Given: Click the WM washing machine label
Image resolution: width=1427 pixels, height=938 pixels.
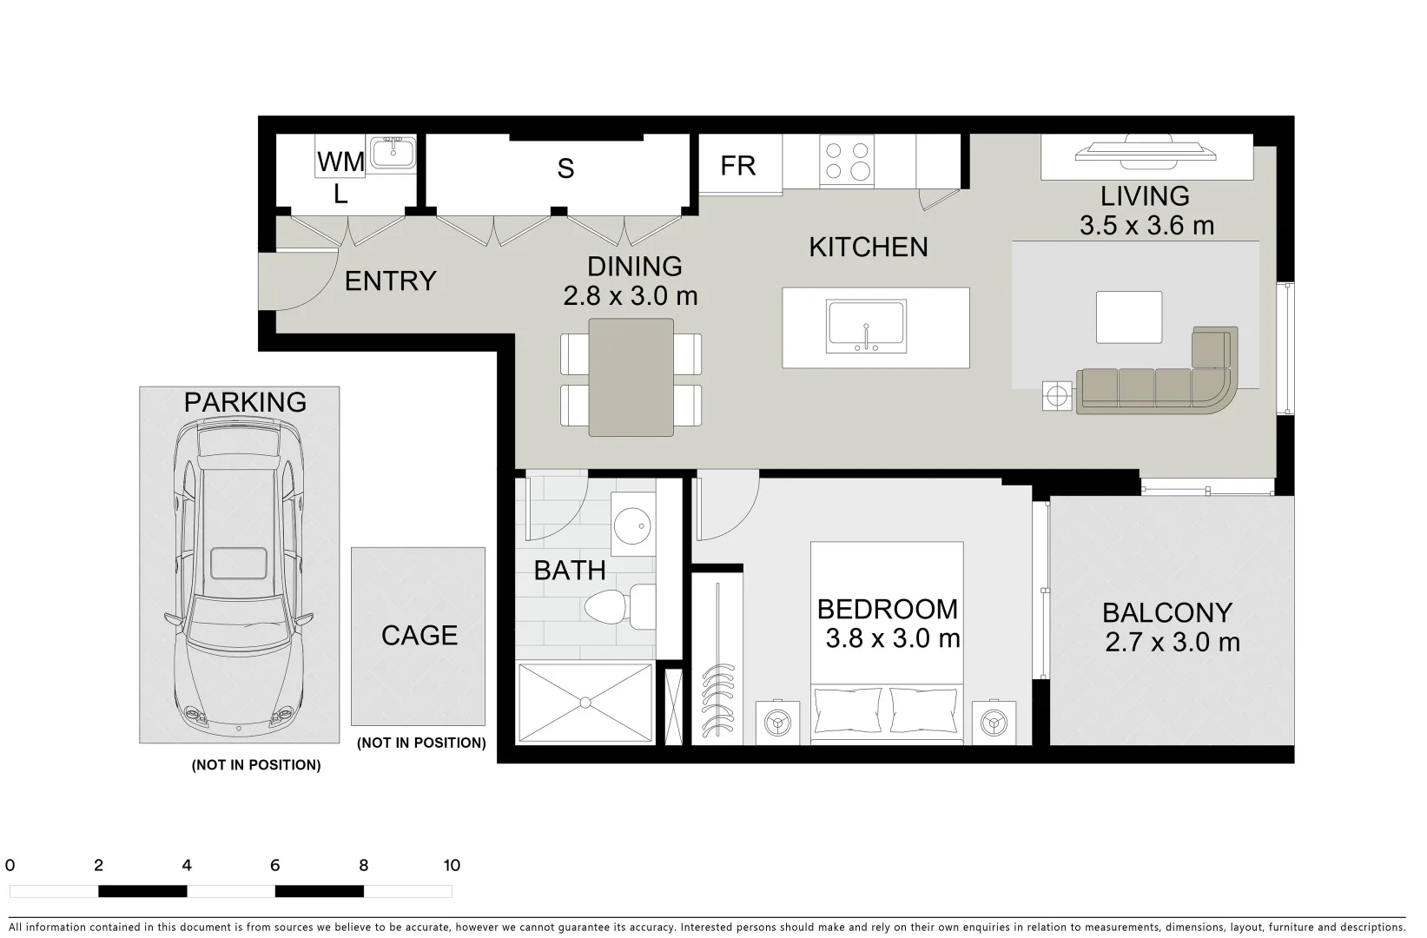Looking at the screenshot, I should [340, 162].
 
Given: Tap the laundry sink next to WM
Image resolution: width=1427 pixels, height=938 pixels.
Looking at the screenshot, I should [392, 154].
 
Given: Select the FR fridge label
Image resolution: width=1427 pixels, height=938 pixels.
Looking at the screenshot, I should [738, 165].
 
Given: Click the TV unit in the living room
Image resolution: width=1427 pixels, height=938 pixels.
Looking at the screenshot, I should [1146, 154].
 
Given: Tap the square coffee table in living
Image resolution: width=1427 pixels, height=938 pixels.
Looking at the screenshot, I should [1128, 317].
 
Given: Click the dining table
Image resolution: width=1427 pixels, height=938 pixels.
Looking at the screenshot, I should [631, 377].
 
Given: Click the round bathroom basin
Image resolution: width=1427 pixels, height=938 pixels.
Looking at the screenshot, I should [632, 525].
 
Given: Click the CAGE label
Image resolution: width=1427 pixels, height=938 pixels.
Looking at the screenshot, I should [419, 636].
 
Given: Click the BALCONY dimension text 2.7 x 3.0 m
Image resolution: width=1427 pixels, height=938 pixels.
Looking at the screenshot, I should [1172, 643].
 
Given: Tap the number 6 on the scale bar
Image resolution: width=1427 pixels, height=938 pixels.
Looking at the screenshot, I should [274, 865].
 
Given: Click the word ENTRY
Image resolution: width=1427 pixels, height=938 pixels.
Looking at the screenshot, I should [390, 281].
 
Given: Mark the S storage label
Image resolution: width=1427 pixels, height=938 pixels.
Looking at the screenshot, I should [565, 168].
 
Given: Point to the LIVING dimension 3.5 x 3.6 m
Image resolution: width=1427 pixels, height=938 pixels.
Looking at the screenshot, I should [1146, 226].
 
